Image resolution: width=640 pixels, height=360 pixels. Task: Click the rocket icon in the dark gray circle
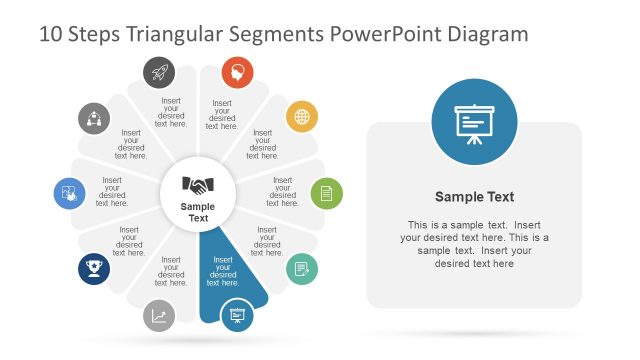tap(159, 72)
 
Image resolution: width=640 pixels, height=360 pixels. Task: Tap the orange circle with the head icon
tap(237, 72)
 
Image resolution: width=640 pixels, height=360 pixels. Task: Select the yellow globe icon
tap(302, 117)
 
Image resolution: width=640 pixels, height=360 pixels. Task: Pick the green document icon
tap(326, 192)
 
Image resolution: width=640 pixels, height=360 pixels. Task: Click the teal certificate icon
tap(302, 268)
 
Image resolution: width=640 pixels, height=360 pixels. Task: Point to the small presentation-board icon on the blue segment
tap(237, 315)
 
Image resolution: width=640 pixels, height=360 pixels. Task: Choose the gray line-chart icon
tap(159, 316)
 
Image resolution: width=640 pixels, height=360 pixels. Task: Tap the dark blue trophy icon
tap(94, 268)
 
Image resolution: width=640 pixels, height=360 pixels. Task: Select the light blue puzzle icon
tap(70, 192)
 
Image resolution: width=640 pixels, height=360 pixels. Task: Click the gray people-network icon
tap(94, 117)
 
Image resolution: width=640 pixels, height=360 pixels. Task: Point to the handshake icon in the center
tap(198, 185)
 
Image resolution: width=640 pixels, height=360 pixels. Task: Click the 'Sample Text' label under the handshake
tap(198, 212)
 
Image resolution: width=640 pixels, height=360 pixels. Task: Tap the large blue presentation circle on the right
tap(474, 122)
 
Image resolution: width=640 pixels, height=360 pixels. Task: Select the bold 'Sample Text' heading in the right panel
tap(474, 197)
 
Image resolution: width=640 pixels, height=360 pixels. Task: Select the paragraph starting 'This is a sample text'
tap(474, 244)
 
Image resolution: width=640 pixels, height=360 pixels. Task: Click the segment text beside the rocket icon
tap(172, 112)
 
